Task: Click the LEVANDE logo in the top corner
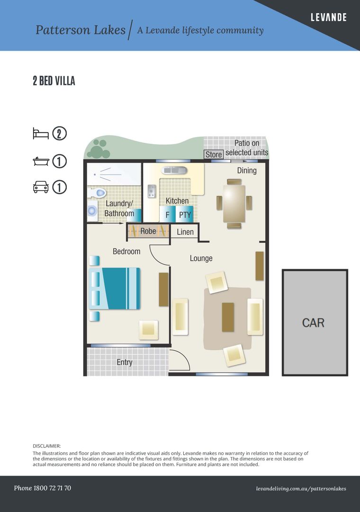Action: pos(328,18)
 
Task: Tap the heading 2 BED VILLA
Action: pos(54,81)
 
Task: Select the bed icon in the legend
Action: pos(40,134)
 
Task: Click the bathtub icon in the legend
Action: pos(40,161)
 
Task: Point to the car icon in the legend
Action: pos(40,187)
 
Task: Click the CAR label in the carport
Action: pos(313,323)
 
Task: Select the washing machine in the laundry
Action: pos(92,212)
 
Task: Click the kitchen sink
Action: pos(174,170)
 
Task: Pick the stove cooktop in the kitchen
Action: pos(152,191)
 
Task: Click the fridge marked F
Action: pos(167,214)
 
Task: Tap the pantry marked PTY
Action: pos(185,214)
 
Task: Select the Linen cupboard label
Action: pos(185,232)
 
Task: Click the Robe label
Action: pos(148,231)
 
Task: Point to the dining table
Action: pos(234,203)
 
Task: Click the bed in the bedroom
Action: pos(115,289)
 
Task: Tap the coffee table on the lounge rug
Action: pos(228,317)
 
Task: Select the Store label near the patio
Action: pos(213,155)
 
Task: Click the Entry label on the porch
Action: pos(125,362)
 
